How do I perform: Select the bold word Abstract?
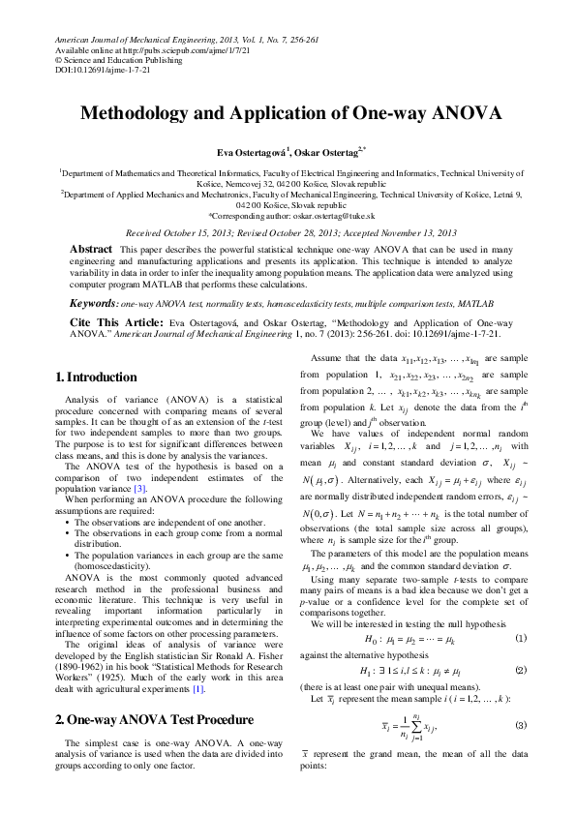[91, 250]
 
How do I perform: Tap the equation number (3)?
[521, 752]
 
